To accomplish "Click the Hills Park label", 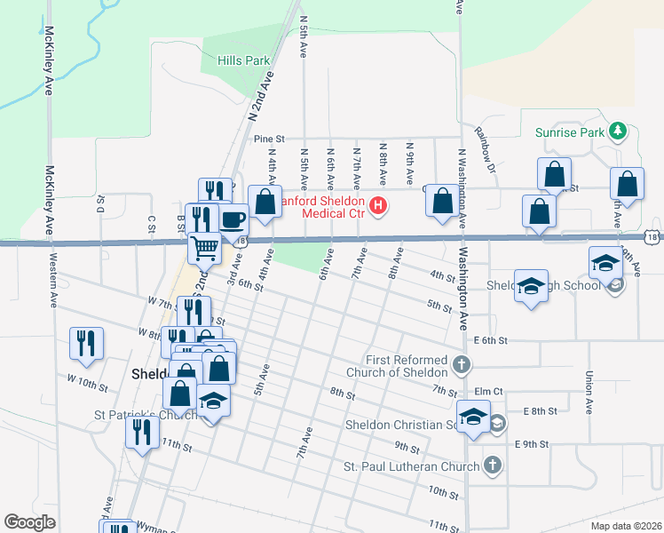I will tap(243, 61).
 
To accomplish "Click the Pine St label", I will tap(268, 139).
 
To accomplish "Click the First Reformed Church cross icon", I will tap(461, 363).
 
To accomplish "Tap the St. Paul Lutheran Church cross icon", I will tap(492, 465).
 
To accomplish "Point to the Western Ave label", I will tap(54, 285).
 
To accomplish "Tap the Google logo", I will tap(29, 522).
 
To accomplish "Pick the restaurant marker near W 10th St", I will tap(86, 343).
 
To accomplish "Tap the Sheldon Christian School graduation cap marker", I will tap(474, 417).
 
